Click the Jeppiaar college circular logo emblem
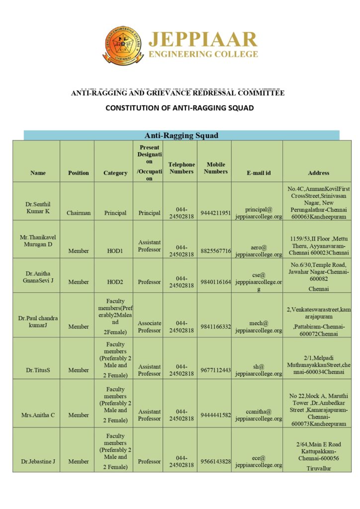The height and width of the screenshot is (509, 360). point(123,46)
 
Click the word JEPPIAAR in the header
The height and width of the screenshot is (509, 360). point(203,39)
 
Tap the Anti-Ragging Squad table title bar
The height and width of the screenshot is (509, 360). point(181,135)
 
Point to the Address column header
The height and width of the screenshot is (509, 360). point(318,173)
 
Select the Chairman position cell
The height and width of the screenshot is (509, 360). point(79,213)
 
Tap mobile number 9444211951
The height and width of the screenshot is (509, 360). point(216,213)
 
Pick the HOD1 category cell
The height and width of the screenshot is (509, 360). point(115,251)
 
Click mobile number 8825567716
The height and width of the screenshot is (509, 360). point(216,251)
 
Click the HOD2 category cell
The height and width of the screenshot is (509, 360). point(115,282)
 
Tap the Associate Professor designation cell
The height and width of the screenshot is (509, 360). point(149,327)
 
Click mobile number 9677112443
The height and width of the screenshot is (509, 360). point(216,370)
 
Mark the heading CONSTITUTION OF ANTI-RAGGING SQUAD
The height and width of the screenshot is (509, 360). point(180,108)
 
